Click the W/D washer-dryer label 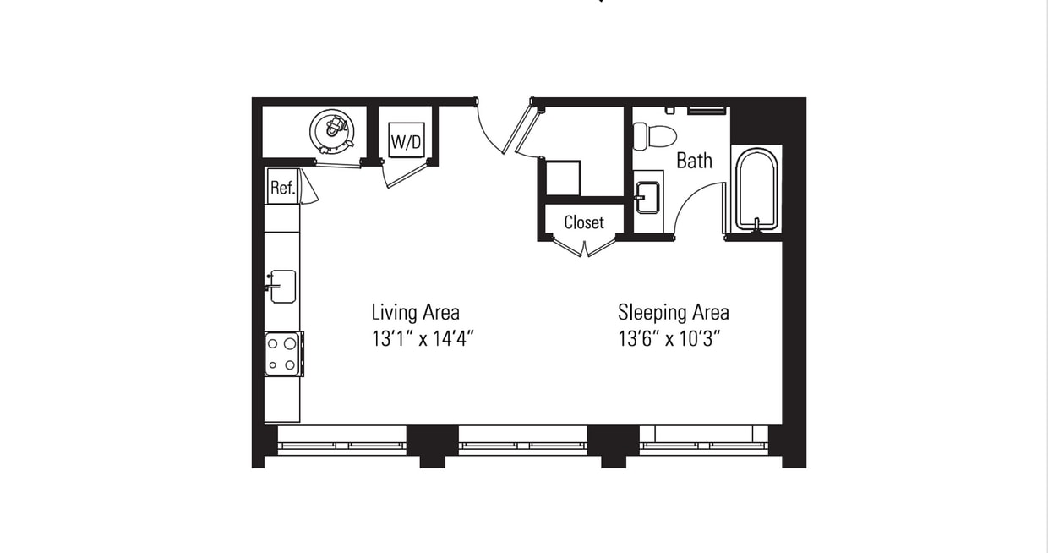point(407,141)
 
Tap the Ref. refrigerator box point(282,188)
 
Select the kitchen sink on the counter point(281,287)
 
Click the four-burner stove point(282,354)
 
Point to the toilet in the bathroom point(656,136)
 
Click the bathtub point(756,190)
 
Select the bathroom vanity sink point(647,198)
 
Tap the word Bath point(694,161)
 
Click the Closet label point(584,222)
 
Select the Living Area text point(415,312)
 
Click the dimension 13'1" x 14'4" point(422,339)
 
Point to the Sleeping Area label point(673,312)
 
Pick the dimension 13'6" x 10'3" point(673,339)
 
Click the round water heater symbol point(331,128)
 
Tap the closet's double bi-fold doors point(584,248)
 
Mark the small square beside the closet point(562,178)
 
